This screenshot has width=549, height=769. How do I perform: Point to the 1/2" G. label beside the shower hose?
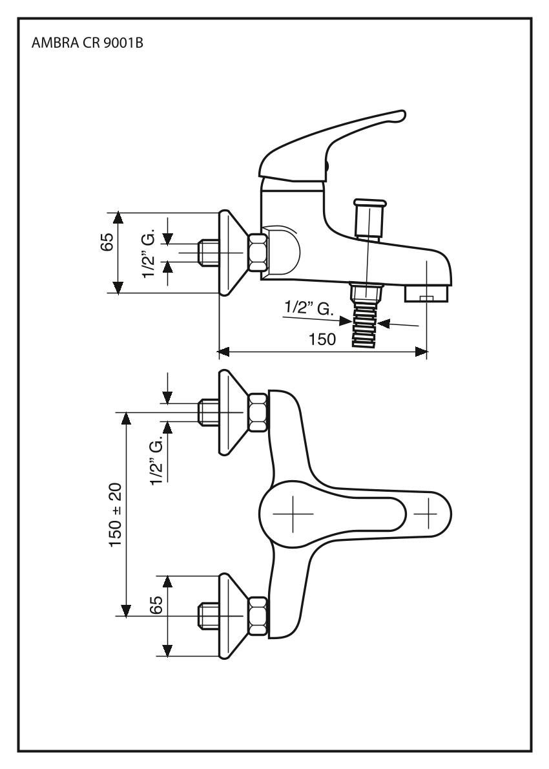point(309,308)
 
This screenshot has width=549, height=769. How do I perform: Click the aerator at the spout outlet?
point(426,294)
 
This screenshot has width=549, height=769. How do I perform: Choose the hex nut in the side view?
point(258,253)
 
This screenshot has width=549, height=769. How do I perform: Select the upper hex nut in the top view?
point(258,412)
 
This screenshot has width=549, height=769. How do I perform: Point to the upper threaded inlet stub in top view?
point(206,412)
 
